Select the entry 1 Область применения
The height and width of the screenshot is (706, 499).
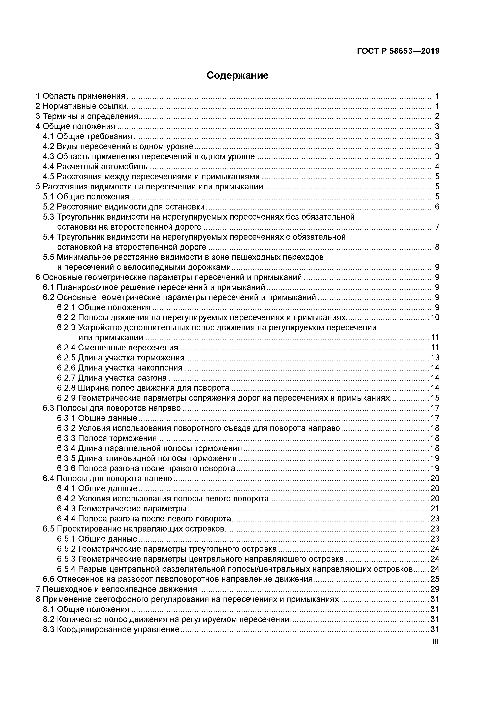[x=80, y=96]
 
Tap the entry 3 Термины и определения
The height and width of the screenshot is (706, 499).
[x=87, y=116]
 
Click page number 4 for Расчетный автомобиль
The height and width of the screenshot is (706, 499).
[x=437, y=167]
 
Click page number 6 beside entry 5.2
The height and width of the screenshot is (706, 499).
[x=437, y=207]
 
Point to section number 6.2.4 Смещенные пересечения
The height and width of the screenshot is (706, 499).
[x=66, y=348]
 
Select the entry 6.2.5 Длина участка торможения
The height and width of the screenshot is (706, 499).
[x=121, y=358]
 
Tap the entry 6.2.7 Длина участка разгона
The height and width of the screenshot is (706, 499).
[x=112, y=378]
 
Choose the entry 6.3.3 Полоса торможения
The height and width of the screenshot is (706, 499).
[x=107, y=438]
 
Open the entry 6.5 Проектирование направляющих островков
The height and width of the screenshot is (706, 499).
[x=134, y=528]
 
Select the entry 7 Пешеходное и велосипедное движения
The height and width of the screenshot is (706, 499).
[x=116, y=589]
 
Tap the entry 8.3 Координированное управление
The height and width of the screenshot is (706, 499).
[x=111, y=630]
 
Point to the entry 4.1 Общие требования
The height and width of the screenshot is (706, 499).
[x=87, y=136]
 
